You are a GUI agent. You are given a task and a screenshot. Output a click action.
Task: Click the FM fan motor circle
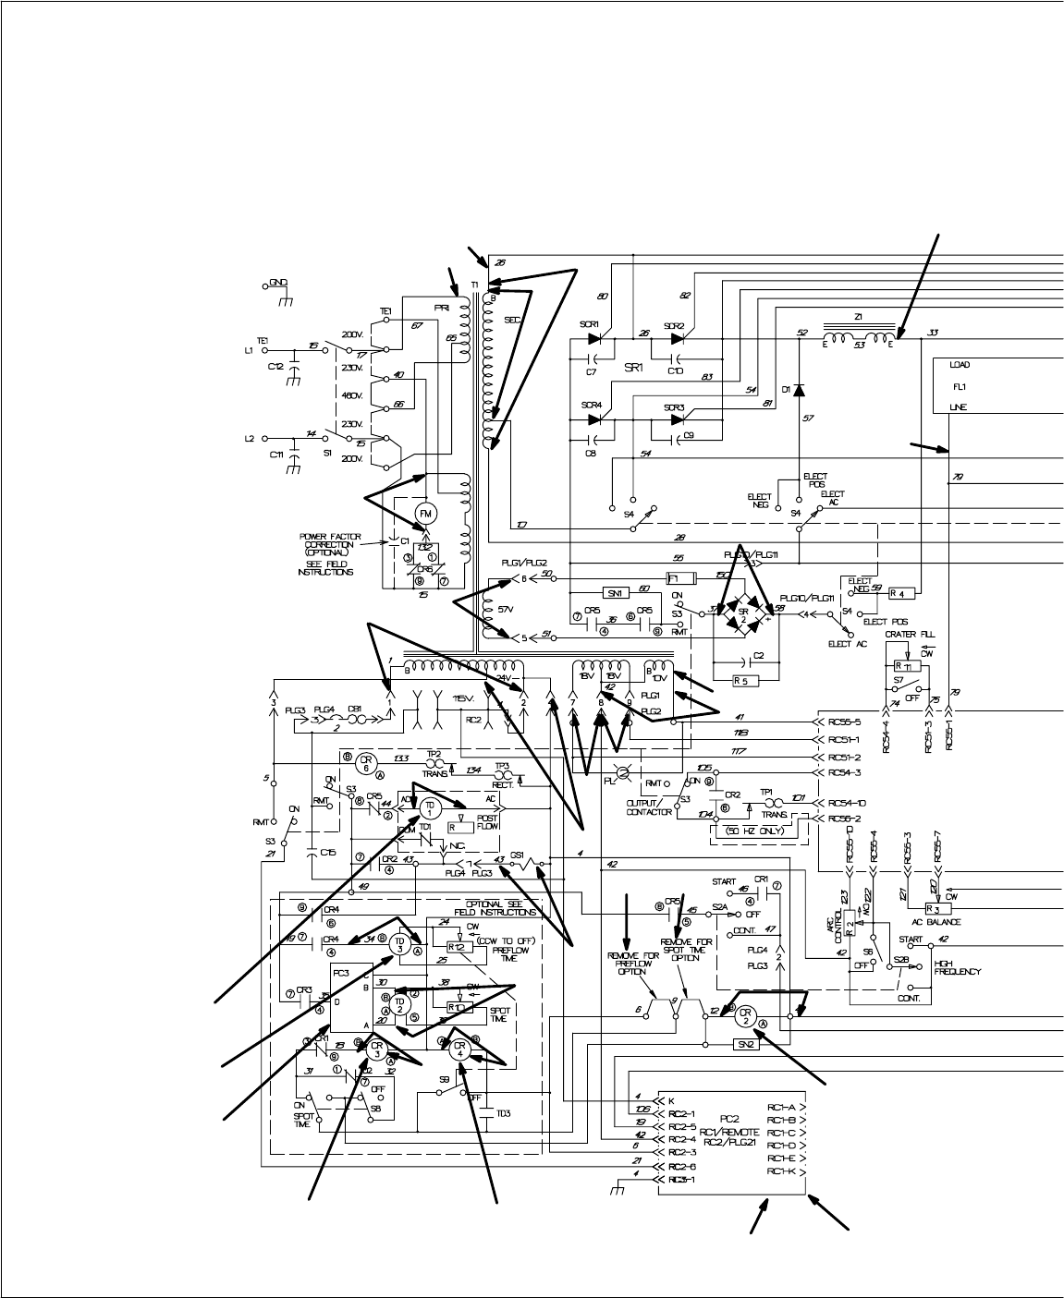pos(426,514)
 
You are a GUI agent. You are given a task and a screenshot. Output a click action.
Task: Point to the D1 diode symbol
pos(799,390)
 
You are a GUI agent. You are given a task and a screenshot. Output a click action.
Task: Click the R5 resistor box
pos(740,682)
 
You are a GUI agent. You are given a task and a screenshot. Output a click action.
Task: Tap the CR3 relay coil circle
pos(374,1049)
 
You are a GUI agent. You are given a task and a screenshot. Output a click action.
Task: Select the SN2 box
pos(745,1043)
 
